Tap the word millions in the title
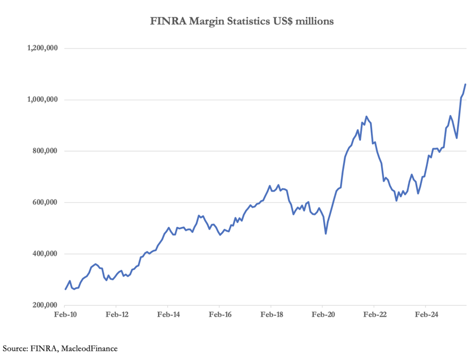click(x=314, y=22)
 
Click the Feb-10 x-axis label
click(x=65, y=315)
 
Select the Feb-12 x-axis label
click(x=116, y=315)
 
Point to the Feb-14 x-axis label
click(x=168, y=315)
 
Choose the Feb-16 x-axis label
click(x=220, y=315)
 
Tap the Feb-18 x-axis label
click(x=271, y=315)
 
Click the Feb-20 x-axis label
click(x=323, y=315)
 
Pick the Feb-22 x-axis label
click(x=374, y=315)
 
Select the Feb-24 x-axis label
click(x=426, y=315)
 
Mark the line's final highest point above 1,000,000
click(x=465, y=84)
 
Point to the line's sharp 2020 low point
click(x=326, y=234)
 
